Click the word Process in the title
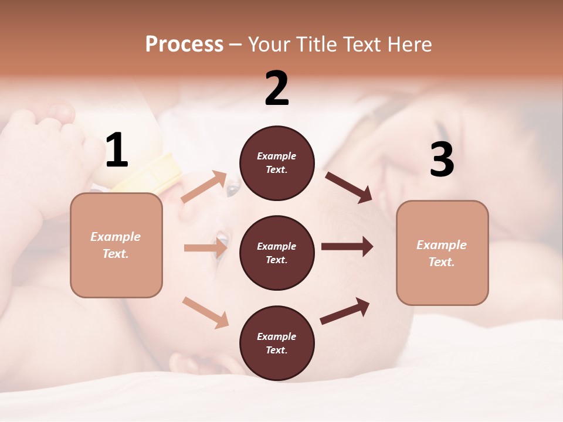(184, 45)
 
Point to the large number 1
(117, 150)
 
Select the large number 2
(277, 89)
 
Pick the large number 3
(442, 160)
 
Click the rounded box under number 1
(116, 245)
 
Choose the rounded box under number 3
(442, 253)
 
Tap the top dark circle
(277, 163)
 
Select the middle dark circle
(277, 253)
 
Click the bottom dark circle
(277, 343)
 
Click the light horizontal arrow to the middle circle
(205, 248)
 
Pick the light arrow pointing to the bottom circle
(205, 312)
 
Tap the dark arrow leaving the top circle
(348, 187)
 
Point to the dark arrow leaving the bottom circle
(345, 311)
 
